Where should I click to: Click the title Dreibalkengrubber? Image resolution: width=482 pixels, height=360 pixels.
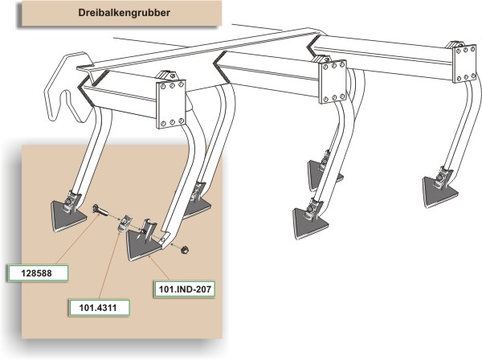[x=124, y=13]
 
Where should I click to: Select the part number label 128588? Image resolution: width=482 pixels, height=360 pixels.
[x=37, y=273]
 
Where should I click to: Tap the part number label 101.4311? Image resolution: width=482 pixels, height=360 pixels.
[x=98, y=308]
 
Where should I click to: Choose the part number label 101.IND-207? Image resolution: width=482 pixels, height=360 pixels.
[x=185, y=289]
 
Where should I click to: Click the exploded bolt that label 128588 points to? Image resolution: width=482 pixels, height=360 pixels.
[x=100, y=211]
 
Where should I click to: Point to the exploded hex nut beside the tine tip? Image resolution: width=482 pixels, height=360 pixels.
[x=185, y=249]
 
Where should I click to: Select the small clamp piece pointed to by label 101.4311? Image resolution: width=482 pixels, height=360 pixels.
[x=125, y=223]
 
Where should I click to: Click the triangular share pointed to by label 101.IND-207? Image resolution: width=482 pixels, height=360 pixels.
[x=144, y=243]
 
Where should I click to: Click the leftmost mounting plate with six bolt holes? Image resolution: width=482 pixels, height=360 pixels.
[x=171, y=104]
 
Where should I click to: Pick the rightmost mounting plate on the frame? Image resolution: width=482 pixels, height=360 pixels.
[x=466, y=63]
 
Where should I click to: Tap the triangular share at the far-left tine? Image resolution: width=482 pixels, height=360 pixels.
[x=67, y=215]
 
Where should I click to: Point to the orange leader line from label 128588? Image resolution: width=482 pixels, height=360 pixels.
[x=77, y=239]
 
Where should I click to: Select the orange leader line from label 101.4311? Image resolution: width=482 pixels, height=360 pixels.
[x=109, y=266]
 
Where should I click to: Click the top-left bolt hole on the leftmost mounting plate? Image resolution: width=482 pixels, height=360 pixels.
[x=163, y=87]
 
